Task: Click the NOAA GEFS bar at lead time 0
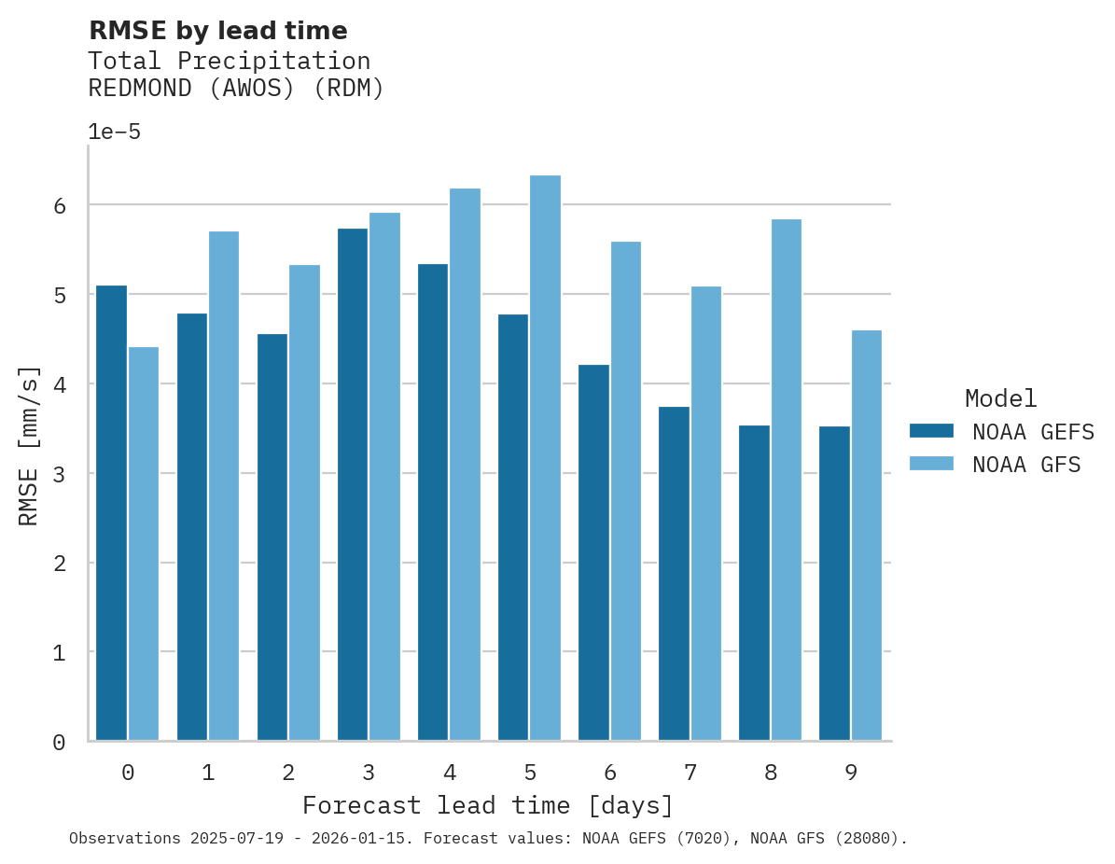(x=111, y=513)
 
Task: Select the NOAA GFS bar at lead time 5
(x=545, y=458)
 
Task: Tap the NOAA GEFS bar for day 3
(x=352, y=485)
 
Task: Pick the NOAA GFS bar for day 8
(x=786, y=480)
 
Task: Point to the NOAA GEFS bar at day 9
(x=834, y=583)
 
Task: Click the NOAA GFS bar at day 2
(x=304, y=503)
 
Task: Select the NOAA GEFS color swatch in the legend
(x=931, y=431)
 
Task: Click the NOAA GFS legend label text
(x=1026, y=465)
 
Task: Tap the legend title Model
(x=1000, y=398)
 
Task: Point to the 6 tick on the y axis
(x=59, y=205)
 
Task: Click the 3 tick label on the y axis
(x=59, y=474)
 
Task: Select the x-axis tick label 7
(x=690, y=773)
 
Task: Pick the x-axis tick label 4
(x=449, y=773)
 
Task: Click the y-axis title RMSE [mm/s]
(x=29, y=445)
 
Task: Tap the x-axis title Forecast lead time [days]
(x=487, y=805)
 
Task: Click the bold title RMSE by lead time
(x=217, y=31)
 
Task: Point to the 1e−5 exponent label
(x=114, y=132)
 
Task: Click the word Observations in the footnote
(x=125, y=838)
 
